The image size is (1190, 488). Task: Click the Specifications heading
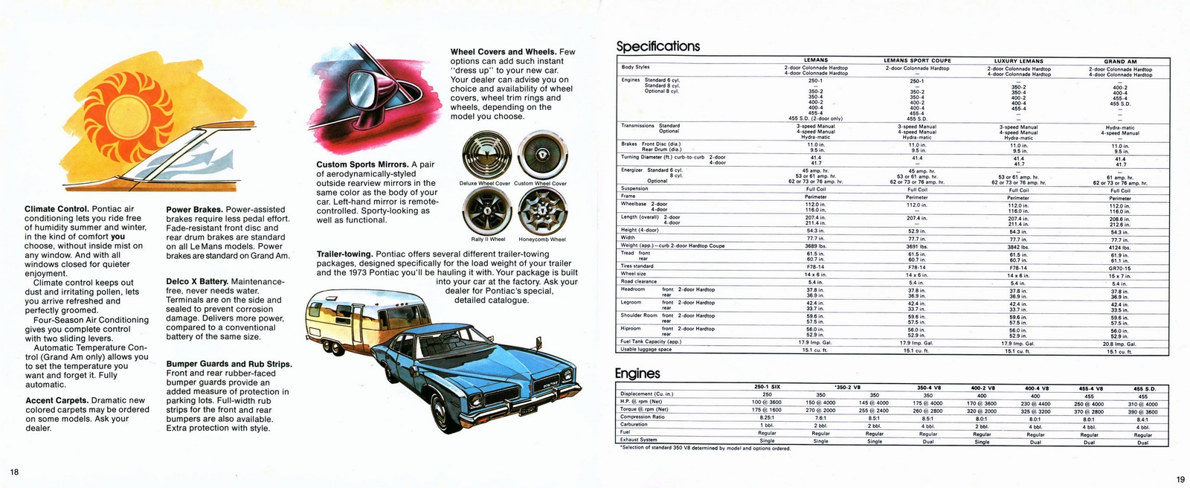coord(658,46)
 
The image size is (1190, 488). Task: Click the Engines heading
coord(637,373)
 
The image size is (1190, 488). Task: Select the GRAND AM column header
coord(1120,61)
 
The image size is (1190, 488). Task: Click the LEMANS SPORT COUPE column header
coord(917,61)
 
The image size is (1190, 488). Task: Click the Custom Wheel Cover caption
coord(540,183)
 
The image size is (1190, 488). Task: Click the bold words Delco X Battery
coord(196,282)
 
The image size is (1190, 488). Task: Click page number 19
coord(1180,478)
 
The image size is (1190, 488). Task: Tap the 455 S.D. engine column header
coord(1143,388)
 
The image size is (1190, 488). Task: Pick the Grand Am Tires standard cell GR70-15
coord(1120,266)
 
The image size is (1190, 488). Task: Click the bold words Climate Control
coord(56,210)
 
